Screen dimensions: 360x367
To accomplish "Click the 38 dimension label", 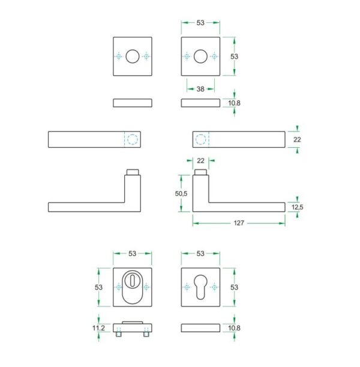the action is (x=200, y=89).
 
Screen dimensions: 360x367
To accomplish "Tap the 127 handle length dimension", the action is (x=239, y=223).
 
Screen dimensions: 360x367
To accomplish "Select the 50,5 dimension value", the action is (x=181, y=193).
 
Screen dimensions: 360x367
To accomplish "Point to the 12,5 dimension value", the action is (x=298, y=207).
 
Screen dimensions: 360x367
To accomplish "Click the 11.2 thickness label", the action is (x=98, y=328).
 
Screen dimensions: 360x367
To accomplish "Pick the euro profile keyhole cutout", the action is (x=200, y=287).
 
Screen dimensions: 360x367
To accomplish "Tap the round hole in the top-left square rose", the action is (x=133, y=56).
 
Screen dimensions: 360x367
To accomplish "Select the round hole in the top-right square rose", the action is (x=200, y=56).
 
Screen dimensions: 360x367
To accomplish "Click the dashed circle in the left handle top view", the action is (x=133, y=139).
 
